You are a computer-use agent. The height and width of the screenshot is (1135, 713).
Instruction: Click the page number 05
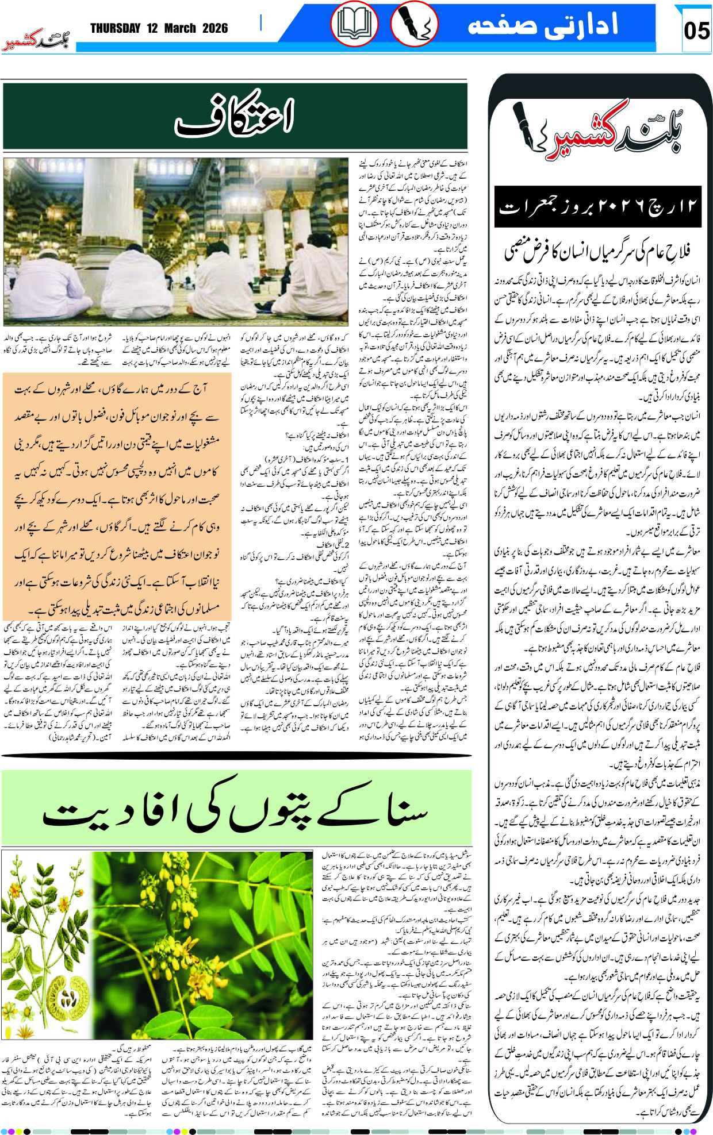coord(696,30)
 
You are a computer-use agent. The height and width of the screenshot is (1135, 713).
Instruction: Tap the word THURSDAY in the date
coord(115,29)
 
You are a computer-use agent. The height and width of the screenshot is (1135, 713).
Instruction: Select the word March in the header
coord(180,29)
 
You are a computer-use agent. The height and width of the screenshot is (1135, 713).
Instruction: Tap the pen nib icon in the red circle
coord(414,24)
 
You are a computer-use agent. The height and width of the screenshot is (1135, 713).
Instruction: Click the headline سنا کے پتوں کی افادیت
coord(236,809)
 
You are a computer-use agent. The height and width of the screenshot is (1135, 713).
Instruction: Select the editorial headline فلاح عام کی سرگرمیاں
coord(598,251)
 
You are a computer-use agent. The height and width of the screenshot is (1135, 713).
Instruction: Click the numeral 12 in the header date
coord(152,29)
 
